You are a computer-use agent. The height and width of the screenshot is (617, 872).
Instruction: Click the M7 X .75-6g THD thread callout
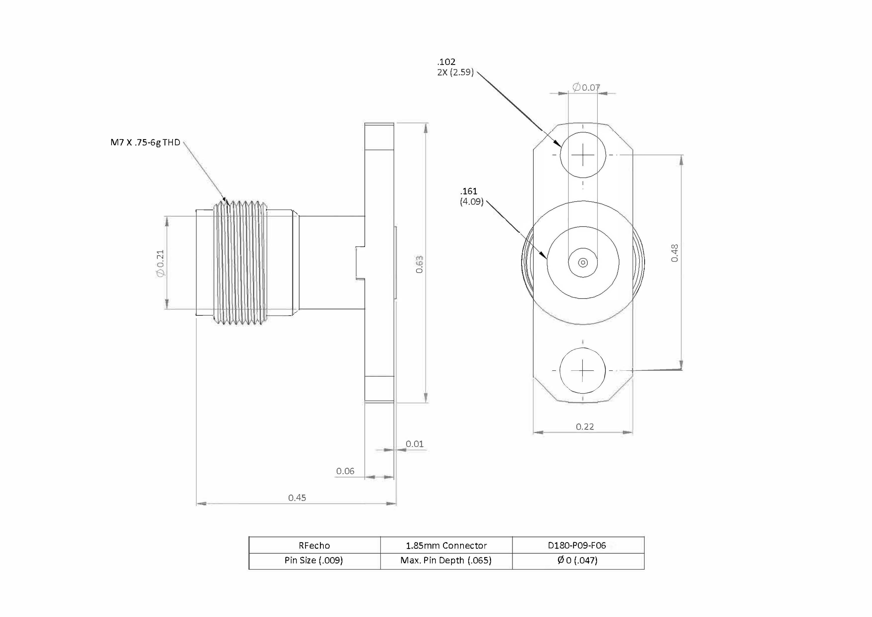point(145,142)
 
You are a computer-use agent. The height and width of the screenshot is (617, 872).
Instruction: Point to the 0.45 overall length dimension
point(297,498)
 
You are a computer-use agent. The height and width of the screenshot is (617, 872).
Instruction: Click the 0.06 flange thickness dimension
point(345,471)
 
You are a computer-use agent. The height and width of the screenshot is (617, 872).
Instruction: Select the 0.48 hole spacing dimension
point(675,253)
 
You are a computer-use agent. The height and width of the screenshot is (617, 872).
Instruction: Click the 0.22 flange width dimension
point(585,427)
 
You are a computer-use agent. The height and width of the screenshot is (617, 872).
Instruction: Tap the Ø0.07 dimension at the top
point(586,87)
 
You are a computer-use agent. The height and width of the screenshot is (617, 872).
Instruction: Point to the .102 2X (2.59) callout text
point(455,67)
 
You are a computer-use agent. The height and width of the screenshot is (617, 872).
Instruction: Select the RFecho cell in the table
point(314,545)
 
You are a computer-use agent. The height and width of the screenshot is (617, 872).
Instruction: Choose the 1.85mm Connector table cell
point(446,545)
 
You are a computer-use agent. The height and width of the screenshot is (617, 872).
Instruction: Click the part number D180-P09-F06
point(577,545)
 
